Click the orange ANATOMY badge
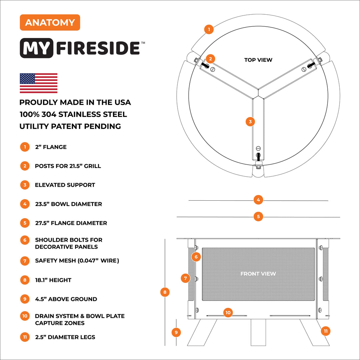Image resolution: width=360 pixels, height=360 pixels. point(50,23)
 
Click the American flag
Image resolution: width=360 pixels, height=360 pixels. point(38,83)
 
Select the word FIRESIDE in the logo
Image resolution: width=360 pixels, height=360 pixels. point(98,48)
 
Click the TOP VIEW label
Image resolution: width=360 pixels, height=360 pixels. point(258,60)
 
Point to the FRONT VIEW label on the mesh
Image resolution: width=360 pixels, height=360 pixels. point(258,274)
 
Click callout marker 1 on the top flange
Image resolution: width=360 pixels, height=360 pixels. point(209,29)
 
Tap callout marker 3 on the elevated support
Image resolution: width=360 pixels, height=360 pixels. point(250,122)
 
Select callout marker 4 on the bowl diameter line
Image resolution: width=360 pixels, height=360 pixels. point(258,200)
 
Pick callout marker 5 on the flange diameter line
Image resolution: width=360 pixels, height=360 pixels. point(258,216)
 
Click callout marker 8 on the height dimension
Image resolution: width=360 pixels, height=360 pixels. point(165,292)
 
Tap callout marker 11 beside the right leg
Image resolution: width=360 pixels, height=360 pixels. point(325,331)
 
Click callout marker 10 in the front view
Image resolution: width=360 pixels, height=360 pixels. point(228,313)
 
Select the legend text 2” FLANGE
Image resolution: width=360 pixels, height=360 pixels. point(51,147)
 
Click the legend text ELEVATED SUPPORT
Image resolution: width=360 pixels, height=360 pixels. point(65,185)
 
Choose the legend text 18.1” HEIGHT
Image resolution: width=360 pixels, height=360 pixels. point(53,280)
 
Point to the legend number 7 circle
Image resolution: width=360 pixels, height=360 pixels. point(25,261)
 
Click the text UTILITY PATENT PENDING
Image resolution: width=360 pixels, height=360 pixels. point(70,126)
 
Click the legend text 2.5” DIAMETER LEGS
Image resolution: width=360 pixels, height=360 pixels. point(65,337)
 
